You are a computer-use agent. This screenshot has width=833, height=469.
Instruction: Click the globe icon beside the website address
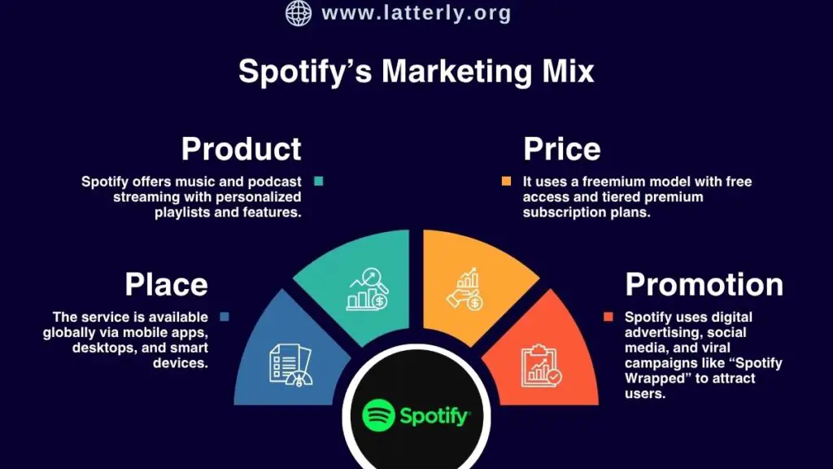pos(299,13)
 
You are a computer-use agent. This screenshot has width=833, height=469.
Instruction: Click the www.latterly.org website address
pos(416,13)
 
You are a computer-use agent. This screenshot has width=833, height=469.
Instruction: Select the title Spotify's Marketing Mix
pos(416,71)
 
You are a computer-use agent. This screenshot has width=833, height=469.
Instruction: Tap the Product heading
pos(241,149)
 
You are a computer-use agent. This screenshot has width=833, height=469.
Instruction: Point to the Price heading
pos(561,149)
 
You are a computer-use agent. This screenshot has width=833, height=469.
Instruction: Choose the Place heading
pos(166,284)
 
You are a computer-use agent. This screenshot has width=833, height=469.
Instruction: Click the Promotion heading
pos(704,284)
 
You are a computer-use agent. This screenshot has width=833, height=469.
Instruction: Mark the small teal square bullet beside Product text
pos(318,182)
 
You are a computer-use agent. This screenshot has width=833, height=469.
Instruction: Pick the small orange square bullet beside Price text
pos(507,182)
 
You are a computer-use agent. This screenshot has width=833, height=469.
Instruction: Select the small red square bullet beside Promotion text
pos(608,317)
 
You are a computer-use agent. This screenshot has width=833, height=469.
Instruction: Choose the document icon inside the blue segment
pos(290,363)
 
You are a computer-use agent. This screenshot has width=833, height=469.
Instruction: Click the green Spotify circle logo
pos(378,415)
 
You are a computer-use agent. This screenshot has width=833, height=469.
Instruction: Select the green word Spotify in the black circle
pos(434,417)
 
